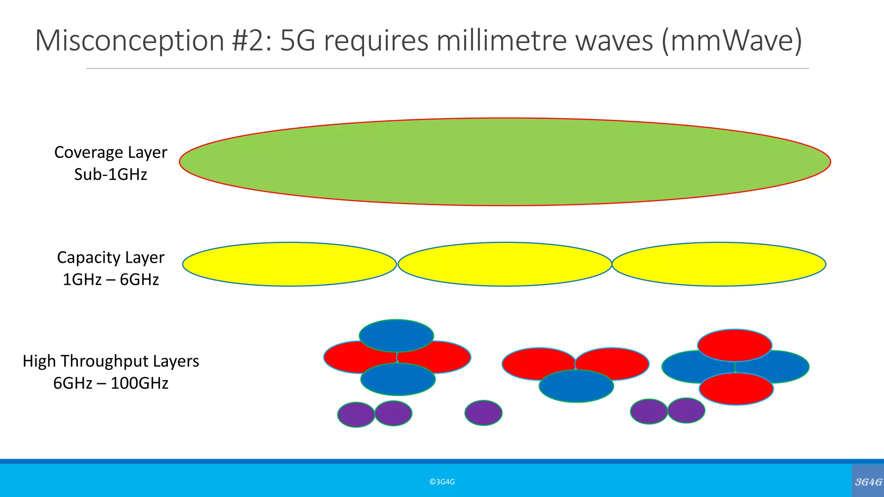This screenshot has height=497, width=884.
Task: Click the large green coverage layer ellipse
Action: pyautogui.click(x=505, y=162)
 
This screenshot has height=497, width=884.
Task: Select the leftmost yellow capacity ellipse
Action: pyautogui.click(x=289, y=264)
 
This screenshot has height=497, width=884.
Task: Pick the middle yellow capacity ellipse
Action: pyautogui.click(x=505, y=264)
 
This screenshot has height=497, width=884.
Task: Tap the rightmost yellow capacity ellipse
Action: pyautogui.click(x=719, y=264)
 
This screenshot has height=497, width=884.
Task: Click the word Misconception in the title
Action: pyautogui.click(x=129, y=41)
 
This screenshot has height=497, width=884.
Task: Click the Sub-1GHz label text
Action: pyautogui.click(x=110, y=174)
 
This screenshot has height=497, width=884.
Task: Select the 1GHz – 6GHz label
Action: pyautogui.click(x=110, y=280)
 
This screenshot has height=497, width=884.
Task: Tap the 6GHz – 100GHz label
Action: pyautogui.click(x=110, y=383)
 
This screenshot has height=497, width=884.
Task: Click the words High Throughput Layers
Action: pyautogui.click(x=110, y=361)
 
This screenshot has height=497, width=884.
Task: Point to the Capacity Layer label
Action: pyautogui.click(x=110, y=258)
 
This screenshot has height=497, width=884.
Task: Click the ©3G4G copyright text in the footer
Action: pyautogui.click(x=442, y=482)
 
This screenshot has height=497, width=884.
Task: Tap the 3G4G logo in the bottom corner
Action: pyautogui.click(x=868, y=482)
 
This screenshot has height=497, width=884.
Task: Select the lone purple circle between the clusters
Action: pyautogui.click(x=483, y=413)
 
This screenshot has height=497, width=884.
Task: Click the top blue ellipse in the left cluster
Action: pyautogui.click(x=396, y=335)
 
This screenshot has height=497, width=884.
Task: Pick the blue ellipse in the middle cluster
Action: pyautogui.click(x=576, y=386)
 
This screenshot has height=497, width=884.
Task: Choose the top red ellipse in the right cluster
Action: pyautogui.click(x=734, y=345)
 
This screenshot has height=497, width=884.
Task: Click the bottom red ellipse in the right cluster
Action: pyautogui.click(x=736, y=389)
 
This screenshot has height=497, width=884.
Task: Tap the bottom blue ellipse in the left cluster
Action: pyautogui.click(x=398, y=380)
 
